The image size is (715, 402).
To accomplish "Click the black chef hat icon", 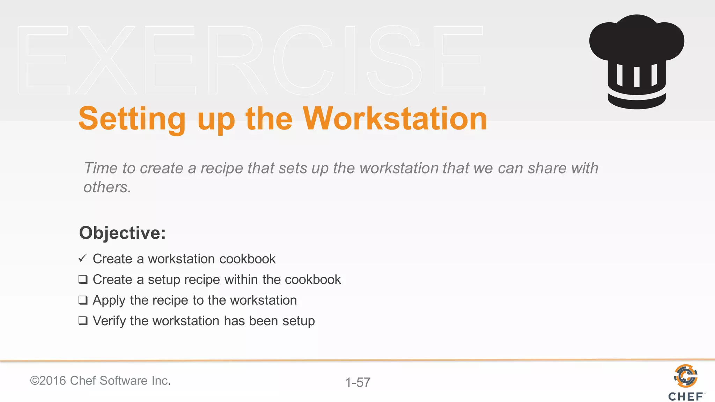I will click(636, 61).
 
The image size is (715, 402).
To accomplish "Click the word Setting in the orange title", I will click(132, 120).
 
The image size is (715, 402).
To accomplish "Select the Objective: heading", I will click(122, 233).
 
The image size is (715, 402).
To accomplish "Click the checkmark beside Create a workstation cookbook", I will click(82, 258).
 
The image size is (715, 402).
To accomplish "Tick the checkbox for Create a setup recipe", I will click(83, 280).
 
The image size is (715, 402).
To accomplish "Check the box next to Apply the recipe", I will click(83, 300).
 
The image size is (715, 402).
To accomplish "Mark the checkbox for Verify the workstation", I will click(83, 321).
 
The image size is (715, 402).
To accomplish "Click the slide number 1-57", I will click(357, 382).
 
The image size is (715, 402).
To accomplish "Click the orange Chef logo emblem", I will click(686, 376).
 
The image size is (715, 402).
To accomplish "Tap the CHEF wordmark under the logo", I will click(686, 397).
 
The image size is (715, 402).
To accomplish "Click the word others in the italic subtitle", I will click(107, 187).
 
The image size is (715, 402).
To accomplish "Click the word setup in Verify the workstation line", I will click(298, 321).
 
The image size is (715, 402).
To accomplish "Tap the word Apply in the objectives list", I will click(109, 300).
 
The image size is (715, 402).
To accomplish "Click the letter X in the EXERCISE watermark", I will click(105, 60).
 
